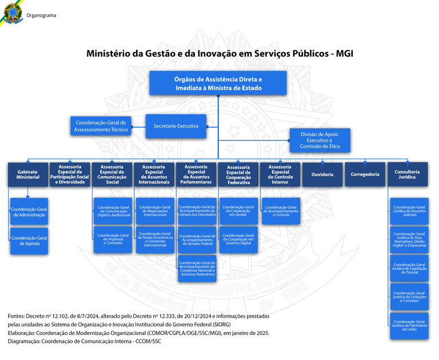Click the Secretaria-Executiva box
(175, 126)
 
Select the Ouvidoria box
(322, 174)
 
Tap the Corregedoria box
(365, 174)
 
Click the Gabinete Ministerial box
(27, 174)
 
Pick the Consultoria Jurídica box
(407, 174)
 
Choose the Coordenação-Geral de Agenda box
(29, 241)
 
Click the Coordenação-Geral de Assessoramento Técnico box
(101, 126)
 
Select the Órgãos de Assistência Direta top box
(218, 83)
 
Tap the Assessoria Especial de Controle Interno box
(280, 174)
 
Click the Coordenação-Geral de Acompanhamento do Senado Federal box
(197, 241)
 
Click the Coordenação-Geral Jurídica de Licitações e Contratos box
(409, 297)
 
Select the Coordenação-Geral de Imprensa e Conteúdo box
(113, 239)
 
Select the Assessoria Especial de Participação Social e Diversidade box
(70, 174)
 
